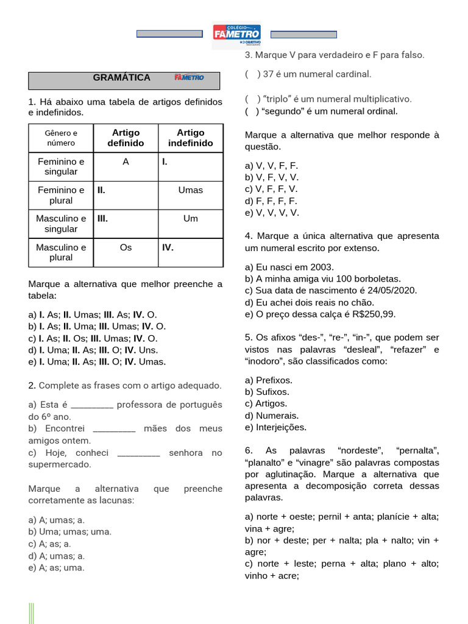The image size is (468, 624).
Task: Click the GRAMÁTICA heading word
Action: point(121,77)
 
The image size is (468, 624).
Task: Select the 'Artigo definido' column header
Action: point(126,138)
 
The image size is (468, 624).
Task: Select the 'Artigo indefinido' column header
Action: point(191,138)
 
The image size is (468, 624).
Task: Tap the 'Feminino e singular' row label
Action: point(61,166)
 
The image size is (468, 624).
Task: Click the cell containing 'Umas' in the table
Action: point(191,190)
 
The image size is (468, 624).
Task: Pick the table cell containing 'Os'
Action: point(126,247)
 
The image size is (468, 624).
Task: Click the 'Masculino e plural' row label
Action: point(61,252)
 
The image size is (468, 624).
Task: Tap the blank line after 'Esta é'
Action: point(92,405)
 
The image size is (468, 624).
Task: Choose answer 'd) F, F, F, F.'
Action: point(271,201)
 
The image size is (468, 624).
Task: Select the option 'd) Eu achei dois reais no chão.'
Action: point(310,302)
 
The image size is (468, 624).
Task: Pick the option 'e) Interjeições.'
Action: point(275,427)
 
